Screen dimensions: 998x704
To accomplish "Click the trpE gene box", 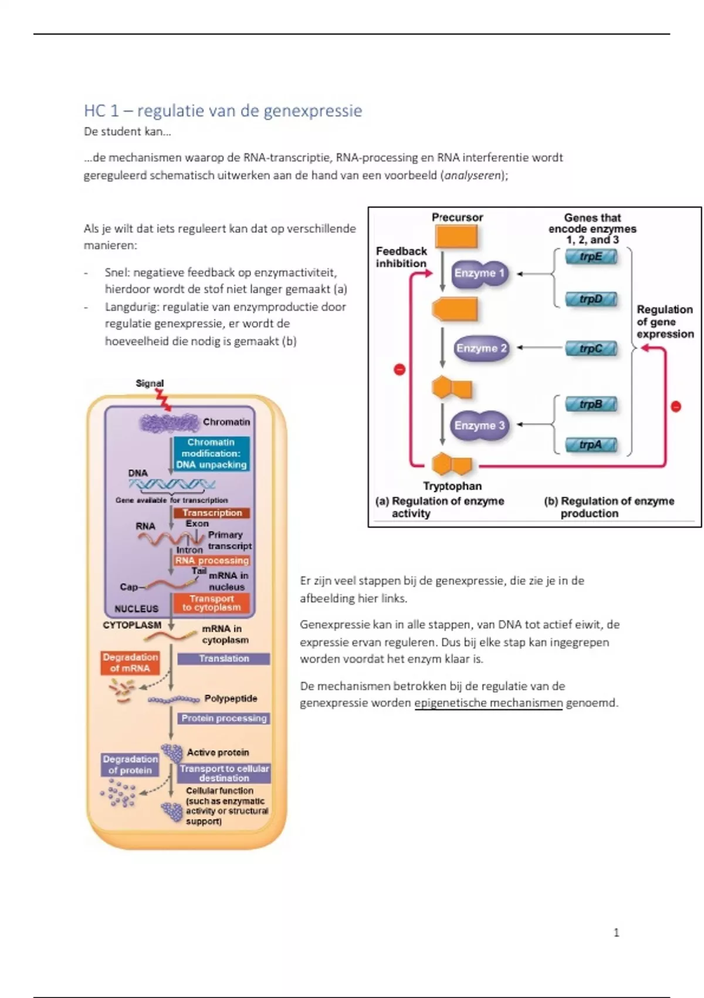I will tap(591, 257).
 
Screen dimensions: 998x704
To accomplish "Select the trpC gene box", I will tap(591, 348).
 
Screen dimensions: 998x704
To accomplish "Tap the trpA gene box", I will tap(591, 444).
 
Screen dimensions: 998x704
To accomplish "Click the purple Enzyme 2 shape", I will tap(481, 348).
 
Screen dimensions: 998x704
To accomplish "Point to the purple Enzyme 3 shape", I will tap(479, 426).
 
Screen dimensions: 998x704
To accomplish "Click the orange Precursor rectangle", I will tap(456, 237).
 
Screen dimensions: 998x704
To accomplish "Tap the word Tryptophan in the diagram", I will tap(452, 486).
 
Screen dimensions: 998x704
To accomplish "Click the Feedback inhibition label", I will tap(401, 257).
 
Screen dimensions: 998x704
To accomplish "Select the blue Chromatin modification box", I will tap(211, 453).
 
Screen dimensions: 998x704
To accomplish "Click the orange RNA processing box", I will tap(212, 561).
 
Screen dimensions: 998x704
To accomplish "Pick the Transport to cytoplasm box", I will tap(211, 603).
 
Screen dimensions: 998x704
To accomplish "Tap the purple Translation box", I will tap(224, 659).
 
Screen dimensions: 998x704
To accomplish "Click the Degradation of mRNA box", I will tap(130, 663).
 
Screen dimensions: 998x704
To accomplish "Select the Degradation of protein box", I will tap(130, 765).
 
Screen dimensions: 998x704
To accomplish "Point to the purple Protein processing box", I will tap(224, 718).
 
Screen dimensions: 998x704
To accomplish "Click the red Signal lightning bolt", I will tap(163, 400).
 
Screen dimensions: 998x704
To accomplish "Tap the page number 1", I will tap(616, 932).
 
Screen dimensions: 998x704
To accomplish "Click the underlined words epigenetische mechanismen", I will tap(488, 703).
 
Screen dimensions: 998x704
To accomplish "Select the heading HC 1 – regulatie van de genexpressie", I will tap(223, 110).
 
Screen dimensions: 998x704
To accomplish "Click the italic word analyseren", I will tap(473, 175).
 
